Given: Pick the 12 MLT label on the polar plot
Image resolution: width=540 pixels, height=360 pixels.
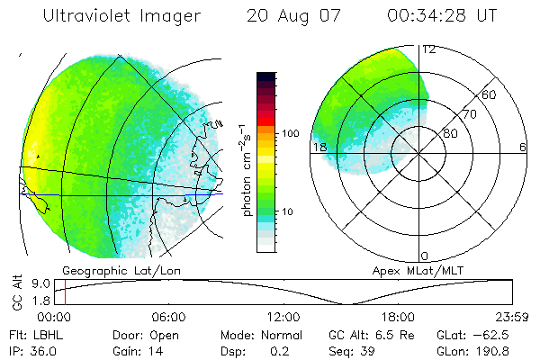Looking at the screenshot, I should [428, 49].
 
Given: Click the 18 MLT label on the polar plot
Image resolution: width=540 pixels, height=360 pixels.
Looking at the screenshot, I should [319, 148].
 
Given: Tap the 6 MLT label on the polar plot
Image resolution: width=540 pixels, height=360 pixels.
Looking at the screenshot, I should [523, 148].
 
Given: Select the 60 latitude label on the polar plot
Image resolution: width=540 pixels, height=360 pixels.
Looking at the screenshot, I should [490, 94].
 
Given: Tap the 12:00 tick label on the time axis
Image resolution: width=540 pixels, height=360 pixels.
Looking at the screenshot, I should [283, 317].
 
